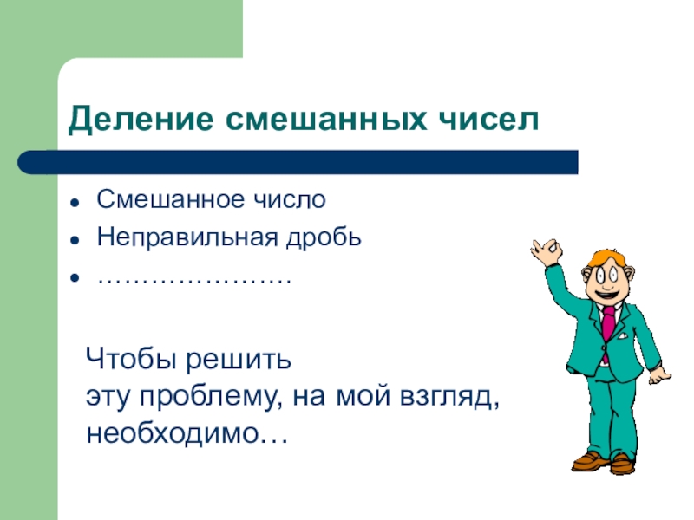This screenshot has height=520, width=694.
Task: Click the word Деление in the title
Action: point(141,120)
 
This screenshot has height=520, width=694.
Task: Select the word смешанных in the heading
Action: point(327,119)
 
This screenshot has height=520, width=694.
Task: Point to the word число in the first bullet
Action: point(290,199)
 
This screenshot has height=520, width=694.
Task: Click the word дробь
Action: point(324,237)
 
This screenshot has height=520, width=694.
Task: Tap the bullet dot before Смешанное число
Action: point(75,202)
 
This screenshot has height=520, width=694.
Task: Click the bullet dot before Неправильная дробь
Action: point(75,240)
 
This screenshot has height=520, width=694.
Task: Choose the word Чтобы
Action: point(131,358)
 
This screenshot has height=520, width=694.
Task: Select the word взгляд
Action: point(449,397)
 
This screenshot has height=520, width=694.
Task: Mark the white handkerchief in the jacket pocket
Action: point(623,335)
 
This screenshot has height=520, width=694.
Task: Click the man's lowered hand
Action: point(659,376)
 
